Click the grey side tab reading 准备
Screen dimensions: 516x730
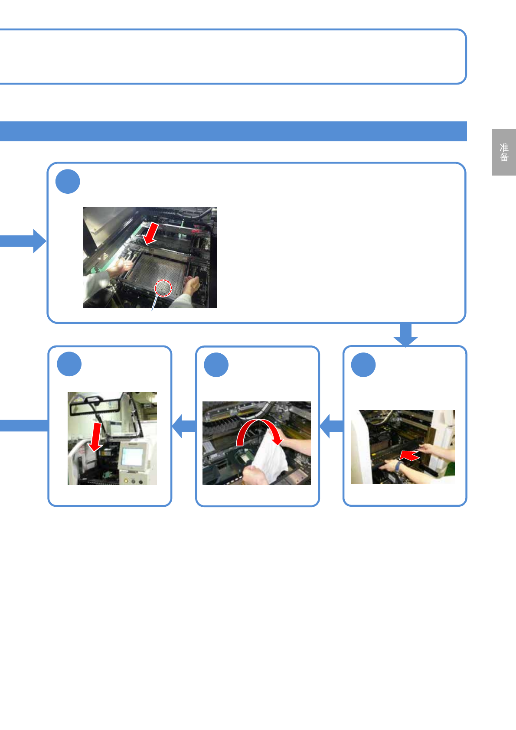(503, 152)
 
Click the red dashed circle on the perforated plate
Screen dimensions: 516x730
(163, 288)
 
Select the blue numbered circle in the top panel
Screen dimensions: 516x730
(68, 182)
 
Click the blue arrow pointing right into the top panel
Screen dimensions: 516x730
(24, 241)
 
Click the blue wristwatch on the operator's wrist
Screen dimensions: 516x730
(398, 466)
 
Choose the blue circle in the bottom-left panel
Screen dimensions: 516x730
(69, 364)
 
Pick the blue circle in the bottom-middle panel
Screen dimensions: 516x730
(216, 365)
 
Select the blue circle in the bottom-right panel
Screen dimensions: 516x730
(363, 365)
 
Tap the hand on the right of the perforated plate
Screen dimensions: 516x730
(191, 284)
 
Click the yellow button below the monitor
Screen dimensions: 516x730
(126, 480)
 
